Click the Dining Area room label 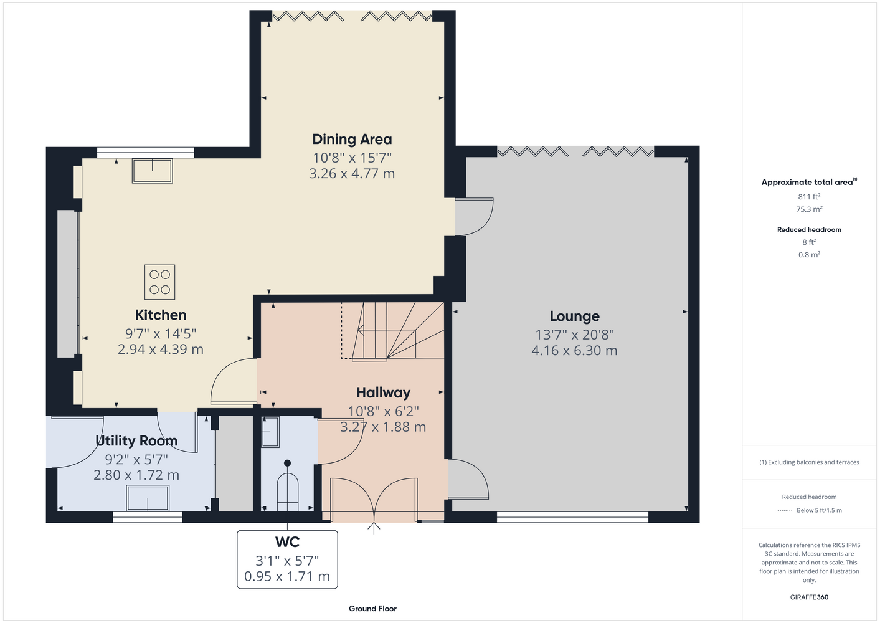click(352, 139)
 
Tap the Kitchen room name click(161, 315)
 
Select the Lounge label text click(574, 316)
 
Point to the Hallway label click(384, 392)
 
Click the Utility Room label click(136, 440)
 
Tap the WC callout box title click(287, 542)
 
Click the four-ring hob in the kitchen click(159, 282)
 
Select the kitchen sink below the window click(153, 171)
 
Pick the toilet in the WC click(288, 487)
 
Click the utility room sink click(148, 498)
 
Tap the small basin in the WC click(270, 432)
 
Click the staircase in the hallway click(393, 331)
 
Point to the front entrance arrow click(374, 528)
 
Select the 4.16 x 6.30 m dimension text click(574, 350)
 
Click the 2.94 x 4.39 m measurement click(161, 349)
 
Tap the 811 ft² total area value click(809, 196)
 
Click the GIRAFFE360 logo click(809, 597)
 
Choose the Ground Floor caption click(373, 609)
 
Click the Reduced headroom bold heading click(809, 229)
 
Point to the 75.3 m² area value click(809, 209)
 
